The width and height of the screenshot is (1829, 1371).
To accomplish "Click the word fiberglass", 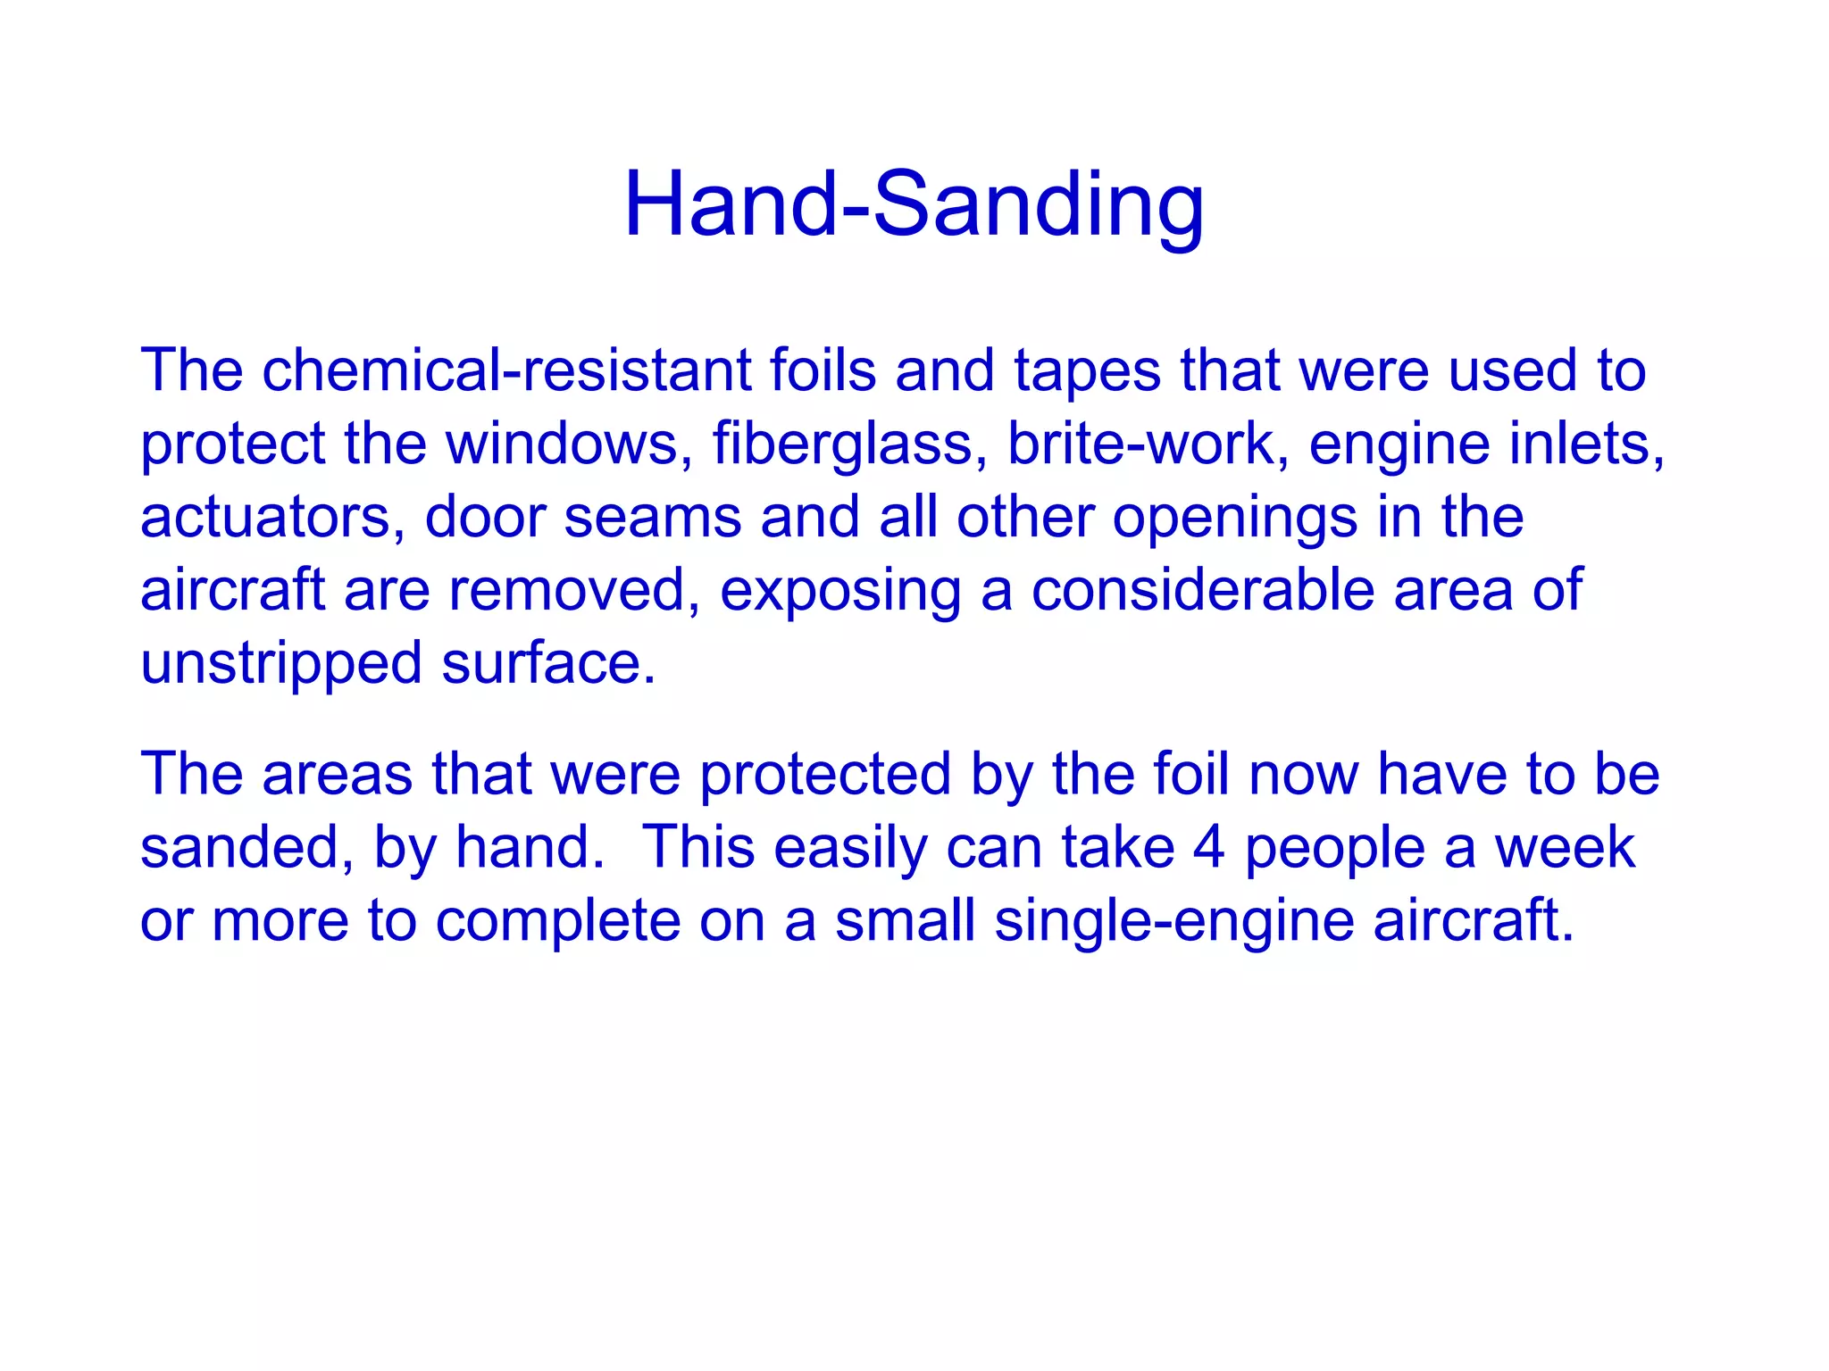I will click(x=842, y=444).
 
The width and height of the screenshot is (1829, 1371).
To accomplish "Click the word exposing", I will click(x=839, y=592).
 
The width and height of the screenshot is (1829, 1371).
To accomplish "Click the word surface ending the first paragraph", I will click(x=547, y=663).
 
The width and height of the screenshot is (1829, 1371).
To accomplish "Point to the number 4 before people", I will click(x=1208, y=847).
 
